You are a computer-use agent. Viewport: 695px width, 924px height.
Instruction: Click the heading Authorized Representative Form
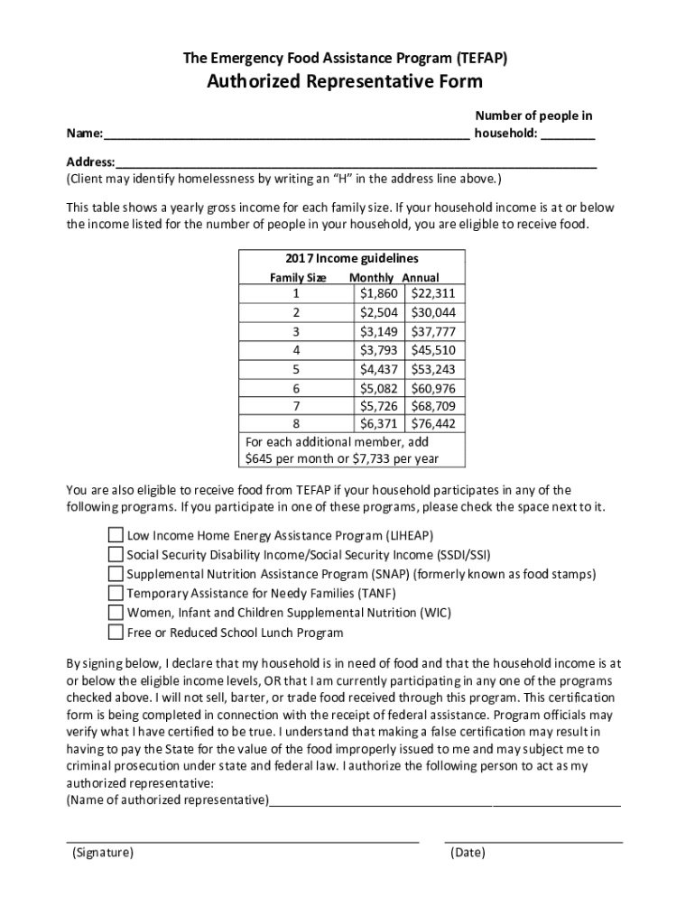(346, 82)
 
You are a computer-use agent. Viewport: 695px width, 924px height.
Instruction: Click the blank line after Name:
(286, 136)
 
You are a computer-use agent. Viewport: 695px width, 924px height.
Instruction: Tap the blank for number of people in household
(569, 136)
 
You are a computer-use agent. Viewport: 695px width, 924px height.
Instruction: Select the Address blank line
(356, 163)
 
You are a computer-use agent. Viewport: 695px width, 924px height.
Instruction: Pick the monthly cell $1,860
(378, 293)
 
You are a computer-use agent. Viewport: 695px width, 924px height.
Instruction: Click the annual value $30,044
(433, 312)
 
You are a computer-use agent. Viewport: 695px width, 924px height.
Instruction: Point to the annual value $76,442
(433, 423)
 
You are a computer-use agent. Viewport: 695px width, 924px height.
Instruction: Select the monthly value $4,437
(378, 368)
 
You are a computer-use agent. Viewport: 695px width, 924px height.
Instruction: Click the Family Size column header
(298, 278)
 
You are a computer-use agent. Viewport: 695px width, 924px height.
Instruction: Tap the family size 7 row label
(296, 405)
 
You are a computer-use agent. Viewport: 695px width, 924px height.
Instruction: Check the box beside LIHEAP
(116, 534)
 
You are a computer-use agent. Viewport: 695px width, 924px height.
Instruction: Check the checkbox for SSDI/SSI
(116, 554)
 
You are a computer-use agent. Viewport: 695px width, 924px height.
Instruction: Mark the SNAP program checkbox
(116, 574)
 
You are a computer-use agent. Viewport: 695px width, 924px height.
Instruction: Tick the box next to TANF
(116, 593)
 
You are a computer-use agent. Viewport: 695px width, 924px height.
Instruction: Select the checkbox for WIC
(116, 613)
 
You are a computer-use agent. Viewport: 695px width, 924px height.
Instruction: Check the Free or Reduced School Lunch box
(116, 632)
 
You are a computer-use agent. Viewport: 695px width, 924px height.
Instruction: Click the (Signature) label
(103, 853)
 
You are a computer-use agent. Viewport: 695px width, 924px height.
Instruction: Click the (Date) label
(468, 853)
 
